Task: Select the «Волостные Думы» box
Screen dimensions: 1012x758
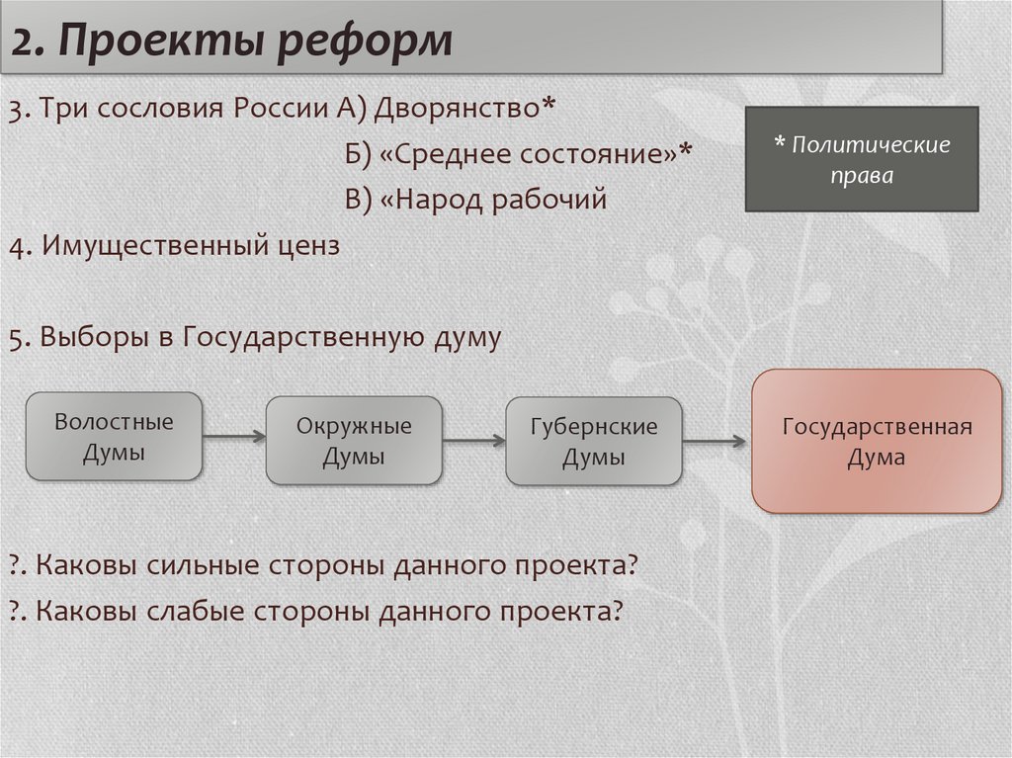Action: click(x=114, y=437)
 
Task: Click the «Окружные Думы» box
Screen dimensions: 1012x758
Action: click(x=354, y=441)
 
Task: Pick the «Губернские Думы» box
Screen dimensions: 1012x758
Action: click(x=594, y=441)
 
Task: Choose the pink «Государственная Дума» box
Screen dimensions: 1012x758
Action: click(x=878, y=441)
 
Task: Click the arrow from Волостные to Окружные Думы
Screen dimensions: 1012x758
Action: click(x=234, y=437)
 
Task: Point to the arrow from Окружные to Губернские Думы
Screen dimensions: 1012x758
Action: click(x=474, y=441)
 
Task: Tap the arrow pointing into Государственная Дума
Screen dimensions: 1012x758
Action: click(x=715, y=442)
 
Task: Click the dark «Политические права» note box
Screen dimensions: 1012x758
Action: click(x=862, y=159)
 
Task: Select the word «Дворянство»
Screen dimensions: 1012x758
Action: click(x=457, y=109)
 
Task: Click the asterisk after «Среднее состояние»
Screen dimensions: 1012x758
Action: click(x=686, y=148)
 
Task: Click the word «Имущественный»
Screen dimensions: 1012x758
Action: click(x=153, y=246)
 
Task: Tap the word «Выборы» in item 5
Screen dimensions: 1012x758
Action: click(x=95, y=338)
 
